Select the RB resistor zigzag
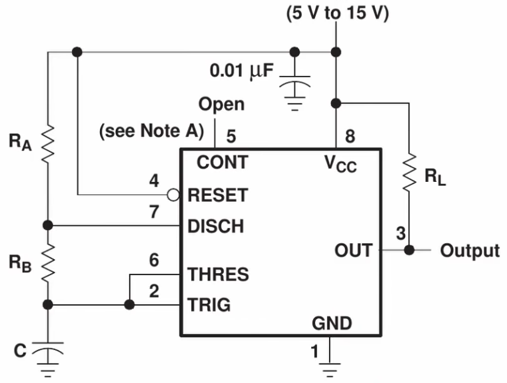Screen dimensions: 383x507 48,263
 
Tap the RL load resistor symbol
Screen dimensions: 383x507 409,175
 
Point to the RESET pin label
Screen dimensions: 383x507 218,195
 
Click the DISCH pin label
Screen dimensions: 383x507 216,226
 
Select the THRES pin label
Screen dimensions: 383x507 219,274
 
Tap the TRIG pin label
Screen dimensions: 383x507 209,305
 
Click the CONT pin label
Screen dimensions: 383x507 222,163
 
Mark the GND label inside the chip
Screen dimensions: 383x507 332,324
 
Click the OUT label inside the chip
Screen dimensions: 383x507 353,251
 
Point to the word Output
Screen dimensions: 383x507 470,250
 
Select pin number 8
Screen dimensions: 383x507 350,137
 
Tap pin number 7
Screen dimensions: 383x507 154,212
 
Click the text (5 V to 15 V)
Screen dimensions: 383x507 337,14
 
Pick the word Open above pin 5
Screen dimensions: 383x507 222,105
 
